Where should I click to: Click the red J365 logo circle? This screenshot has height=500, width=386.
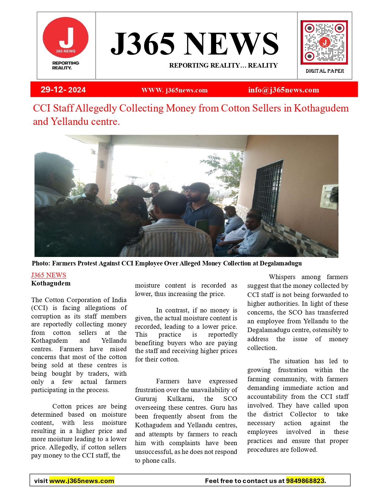(x=65, y=38)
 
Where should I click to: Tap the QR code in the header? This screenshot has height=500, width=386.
(x=324, y=42)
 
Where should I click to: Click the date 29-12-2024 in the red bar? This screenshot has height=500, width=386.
(x=63, y=90)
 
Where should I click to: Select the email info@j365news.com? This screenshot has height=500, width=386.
(x=283, y=90)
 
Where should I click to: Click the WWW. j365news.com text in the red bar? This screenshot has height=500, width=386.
(x=174, y=90)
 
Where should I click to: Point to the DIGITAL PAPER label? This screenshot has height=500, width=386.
(x=325, y=71)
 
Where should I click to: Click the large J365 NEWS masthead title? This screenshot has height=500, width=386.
(x=194, y=44)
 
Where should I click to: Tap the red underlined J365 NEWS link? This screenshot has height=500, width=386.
(x=48, y=275)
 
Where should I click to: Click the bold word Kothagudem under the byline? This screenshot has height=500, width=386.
(x=51, y=283)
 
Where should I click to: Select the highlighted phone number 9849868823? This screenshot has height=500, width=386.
(x=305, y=481)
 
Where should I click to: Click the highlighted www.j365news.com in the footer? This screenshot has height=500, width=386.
(x=81, y=481)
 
